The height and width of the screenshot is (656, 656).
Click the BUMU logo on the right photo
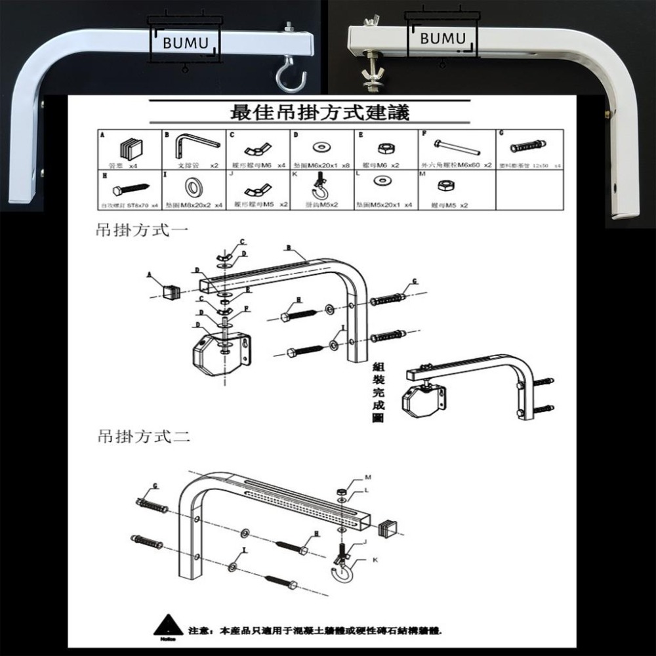441,37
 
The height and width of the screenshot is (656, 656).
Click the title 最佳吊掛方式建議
320,112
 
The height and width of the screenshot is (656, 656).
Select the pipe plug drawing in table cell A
131,147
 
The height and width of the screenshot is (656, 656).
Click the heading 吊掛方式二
144,436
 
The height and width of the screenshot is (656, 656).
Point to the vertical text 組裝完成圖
378,392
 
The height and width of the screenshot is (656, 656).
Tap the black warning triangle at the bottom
168,625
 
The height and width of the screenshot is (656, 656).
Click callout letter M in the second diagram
367,477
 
